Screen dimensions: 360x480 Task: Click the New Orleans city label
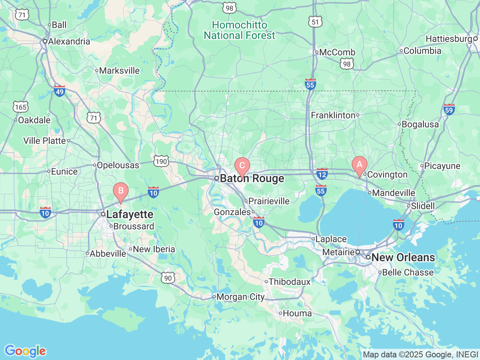[403, 258]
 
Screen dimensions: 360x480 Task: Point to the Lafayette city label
[129, 214]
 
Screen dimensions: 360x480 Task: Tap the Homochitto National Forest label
[239, 30]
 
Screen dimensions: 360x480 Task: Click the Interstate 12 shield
[322, 174]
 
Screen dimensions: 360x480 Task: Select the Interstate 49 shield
[60, 91]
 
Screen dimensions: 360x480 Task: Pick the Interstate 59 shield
[449, 109]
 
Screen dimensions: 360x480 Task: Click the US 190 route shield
[161, 162]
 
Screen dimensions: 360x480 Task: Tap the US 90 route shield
[168, 278]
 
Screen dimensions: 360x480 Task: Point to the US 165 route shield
[21, 107]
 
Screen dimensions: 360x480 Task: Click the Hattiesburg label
[449, 39]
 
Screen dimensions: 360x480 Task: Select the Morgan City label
[240, 297]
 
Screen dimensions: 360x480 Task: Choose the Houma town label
[297, 313]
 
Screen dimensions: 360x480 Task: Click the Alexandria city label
[69, 41]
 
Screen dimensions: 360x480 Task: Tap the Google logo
[25, 351]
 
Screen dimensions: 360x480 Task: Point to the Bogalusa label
[420, 124]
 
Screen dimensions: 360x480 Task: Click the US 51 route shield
[315, 22]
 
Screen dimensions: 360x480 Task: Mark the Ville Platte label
[44, 141]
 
